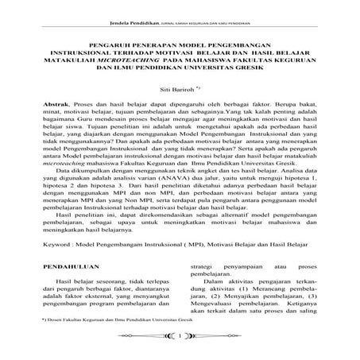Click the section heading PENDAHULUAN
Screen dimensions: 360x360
coord(63,258)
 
